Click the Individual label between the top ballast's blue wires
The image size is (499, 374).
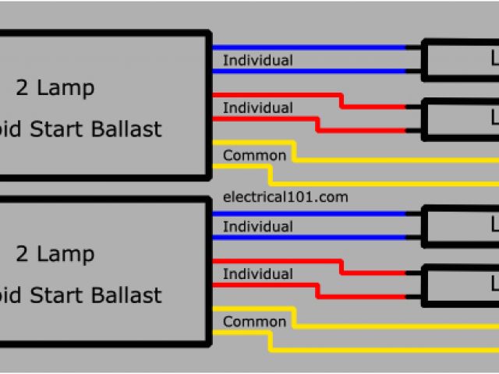coord(258,60)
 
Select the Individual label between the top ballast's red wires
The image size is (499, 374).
coord(258,108)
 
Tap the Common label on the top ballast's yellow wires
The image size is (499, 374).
coord(254,155)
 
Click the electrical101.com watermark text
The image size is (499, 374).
coord(285,197)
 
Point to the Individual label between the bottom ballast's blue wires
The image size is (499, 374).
coord(258,227)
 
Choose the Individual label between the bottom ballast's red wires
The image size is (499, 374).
coord(258,274)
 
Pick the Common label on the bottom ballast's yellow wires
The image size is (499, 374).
coord(254,322)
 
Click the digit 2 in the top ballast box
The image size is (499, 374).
coord(22,87)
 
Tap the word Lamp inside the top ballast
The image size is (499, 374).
coord(65,88)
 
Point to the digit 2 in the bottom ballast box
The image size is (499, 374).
coord(22,254)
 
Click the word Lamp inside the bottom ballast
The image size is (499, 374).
coord(65,255)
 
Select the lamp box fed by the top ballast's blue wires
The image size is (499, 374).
coord(461,58)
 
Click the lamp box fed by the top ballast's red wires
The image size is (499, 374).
coord(461,118)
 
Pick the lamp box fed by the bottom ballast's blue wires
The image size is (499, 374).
coord(461,225)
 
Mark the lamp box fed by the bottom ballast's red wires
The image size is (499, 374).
coord(461,285)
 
